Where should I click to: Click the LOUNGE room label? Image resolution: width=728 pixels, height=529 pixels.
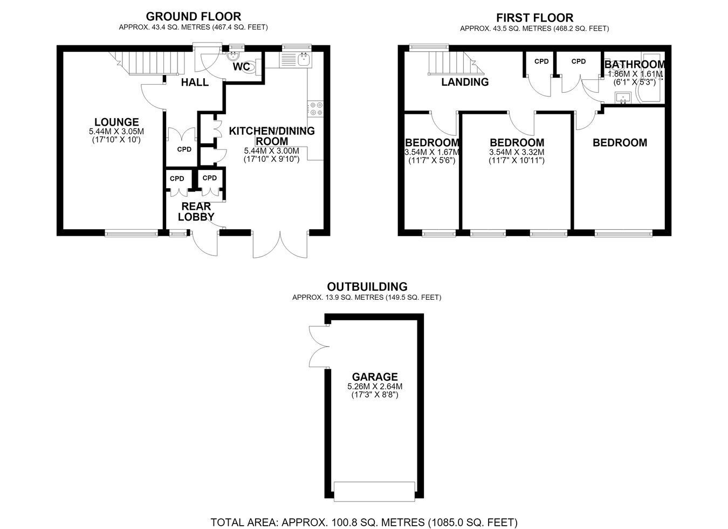tap(116, 122)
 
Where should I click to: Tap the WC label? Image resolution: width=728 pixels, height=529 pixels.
tap(242, 67)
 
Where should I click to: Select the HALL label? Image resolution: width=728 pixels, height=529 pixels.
tap(195, 82)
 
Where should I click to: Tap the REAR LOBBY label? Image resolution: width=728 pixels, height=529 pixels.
tap(196, 211)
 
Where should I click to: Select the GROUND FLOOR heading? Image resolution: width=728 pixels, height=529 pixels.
tap(194, 16)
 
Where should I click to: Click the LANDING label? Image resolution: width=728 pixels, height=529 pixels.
tap(465, 82)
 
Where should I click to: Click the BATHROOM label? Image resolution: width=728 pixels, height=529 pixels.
tap(634, 64)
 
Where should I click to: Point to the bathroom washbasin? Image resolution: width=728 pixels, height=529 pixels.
tap(623, 98)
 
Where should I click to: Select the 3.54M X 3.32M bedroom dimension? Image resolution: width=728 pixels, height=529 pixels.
tap(517, 152)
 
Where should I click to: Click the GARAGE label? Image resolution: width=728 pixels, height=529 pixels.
tap(375, 377)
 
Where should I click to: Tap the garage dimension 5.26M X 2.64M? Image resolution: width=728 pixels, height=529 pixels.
tap(375, 387)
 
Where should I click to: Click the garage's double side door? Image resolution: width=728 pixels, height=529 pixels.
tap(319, 346)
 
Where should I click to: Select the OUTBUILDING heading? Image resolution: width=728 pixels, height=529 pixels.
tap(367, 286)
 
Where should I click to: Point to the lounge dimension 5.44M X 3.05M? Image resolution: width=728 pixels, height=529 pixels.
tap(116, 132)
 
